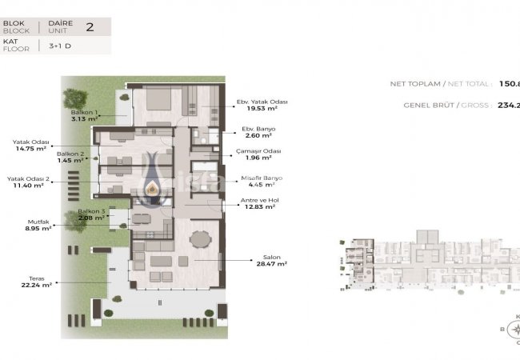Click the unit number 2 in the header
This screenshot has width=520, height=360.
90,27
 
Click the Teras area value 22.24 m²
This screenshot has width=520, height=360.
36,285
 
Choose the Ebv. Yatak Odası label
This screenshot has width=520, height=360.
262,102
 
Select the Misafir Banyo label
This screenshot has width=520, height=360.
261,178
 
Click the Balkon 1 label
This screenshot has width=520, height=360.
85,113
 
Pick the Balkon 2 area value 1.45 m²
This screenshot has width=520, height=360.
70,160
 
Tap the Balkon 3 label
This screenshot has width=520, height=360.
91,211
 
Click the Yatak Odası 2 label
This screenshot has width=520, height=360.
29,178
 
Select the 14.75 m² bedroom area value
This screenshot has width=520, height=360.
30,148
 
